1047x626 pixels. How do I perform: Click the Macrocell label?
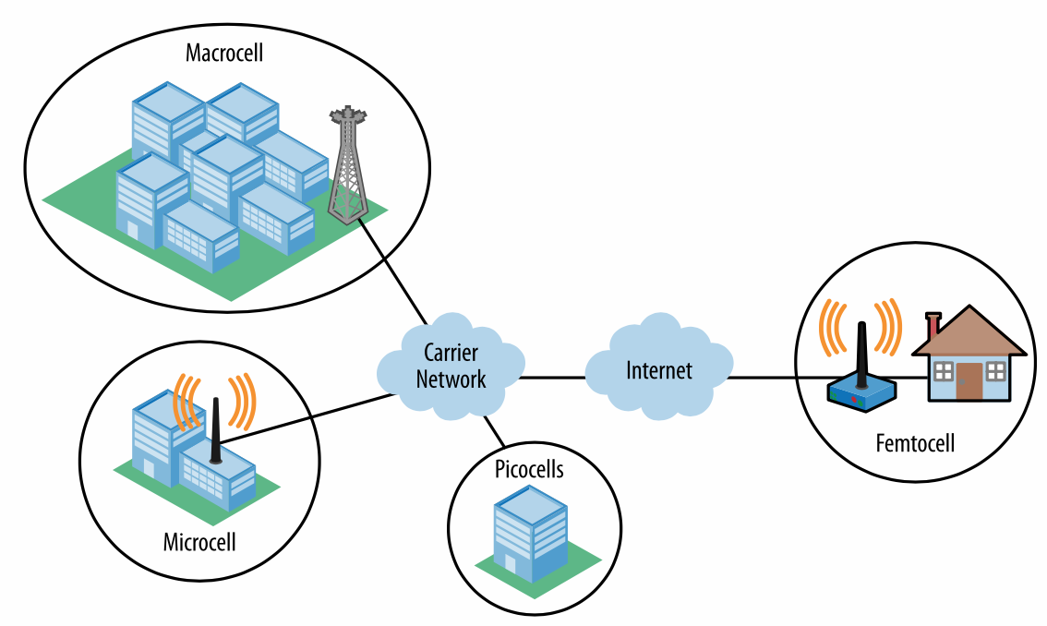click(224, 53)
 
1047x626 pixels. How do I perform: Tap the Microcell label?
click(199, 541)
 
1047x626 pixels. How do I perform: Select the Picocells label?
click(527, 470)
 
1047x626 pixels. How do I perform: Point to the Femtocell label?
click(914, 443)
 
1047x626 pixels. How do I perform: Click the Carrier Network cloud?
click(451, 366)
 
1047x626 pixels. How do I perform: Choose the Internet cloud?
click(658, 370)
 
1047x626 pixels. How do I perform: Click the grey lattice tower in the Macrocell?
click(346, 166)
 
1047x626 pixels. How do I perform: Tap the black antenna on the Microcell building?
click(215, 430)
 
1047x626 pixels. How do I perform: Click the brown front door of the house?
click(969, 381)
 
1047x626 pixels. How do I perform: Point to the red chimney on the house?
click(933, 324)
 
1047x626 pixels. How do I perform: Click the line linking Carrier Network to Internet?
click(552, 378)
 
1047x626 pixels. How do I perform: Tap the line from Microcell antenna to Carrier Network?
click(305, 418)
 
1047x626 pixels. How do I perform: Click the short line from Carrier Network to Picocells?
click(493, 430)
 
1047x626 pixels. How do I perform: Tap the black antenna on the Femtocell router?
click(861, 352)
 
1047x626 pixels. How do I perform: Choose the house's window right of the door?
click(995, 371)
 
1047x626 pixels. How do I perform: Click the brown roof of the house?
click(969, 333)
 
